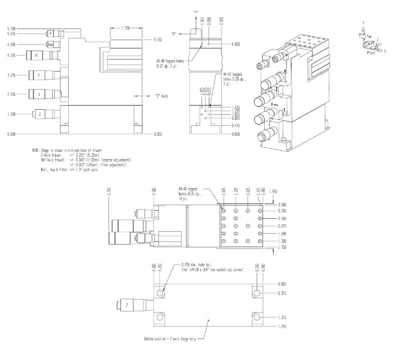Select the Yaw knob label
click(50, 45)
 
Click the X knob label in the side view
click(39, 94)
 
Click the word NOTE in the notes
click(35, 150)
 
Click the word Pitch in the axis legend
click(371, 52)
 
